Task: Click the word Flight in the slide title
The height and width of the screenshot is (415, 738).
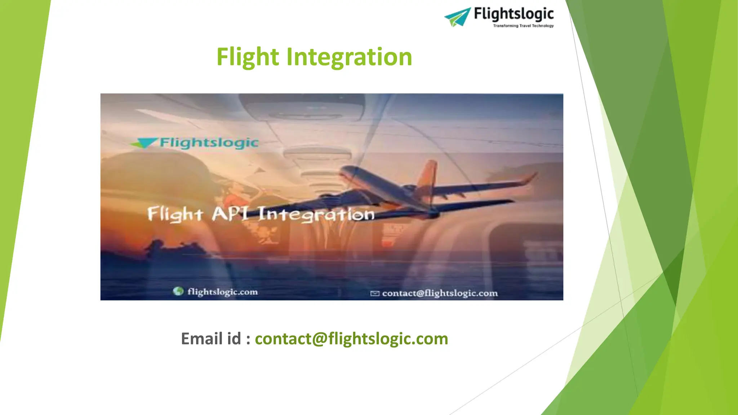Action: click(x=248, y=57)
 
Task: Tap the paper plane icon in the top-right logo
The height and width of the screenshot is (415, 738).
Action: click(x=457, y=17)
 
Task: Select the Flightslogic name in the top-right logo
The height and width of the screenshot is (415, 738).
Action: click(x=514, y=14)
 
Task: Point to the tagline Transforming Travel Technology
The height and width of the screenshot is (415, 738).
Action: click(x=523, y=26)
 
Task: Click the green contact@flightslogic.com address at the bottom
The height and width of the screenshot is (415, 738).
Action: click(x=351, y=339)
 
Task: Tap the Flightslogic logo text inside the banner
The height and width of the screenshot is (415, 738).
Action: click(x=209, y=143)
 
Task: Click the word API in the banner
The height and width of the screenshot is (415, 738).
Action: click(x=230, y=214)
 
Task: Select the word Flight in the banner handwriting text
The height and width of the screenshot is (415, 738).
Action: click(x=175, y=214)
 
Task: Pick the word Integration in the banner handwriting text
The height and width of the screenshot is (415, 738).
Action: click(x=316, y=214)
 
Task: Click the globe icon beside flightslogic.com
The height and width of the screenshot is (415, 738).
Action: click(x=178, y=291)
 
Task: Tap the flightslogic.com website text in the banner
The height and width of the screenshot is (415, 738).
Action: click(x=222, y=291)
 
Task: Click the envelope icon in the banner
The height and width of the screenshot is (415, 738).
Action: click(x=375, y=294)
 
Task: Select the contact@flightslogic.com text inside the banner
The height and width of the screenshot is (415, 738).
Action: click(x=440, y=293)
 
